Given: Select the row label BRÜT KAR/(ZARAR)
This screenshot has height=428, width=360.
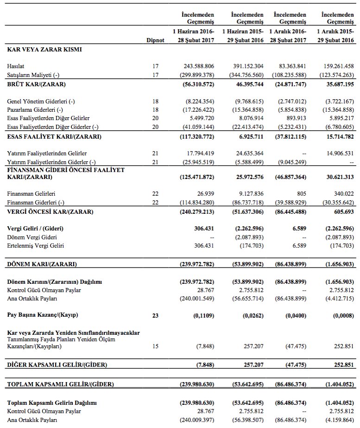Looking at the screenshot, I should pyautogui.click(x=36, y=84).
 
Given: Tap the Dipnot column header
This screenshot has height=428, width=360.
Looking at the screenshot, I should pyautogui.click(x=155, y=40).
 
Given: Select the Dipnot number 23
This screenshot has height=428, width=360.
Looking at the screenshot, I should pyautogui.click(x=155, y=315).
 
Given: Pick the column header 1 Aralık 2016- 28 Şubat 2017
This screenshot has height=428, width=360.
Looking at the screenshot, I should pyautogui.click(x=290, y=36).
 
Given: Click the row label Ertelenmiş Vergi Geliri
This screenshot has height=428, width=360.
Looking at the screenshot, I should pyautogui.click(x=36, y=245).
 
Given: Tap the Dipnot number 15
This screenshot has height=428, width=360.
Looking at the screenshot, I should pyautogui.click(x=155, y=346).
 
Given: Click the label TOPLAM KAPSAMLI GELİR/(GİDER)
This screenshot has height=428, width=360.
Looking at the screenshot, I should pyautogui.click(x=60, y=384).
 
